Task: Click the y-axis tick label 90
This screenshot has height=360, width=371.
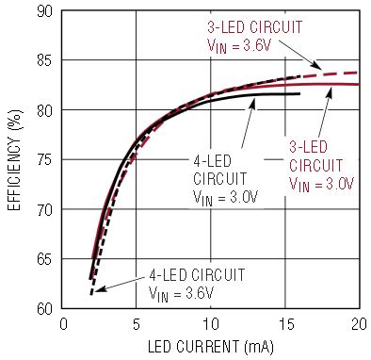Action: click(44, 11)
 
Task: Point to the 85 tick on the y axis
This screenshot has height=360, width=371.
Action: click(44, 60)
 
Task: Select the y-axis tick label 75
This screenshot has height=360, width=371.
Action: click(44, 160)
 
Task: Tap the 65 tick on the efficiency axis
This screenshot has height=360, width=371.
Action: click(44, 259)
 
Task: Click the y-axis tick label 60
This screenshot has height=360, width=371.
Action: click(44, 309)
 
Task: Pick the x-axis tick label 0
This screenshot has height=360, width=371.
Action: click(63, 324)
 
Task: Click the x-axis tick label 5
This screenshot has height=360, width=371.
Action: click(137, 324)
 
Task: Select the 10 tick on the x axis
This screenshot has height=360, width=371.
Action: click(210, 324)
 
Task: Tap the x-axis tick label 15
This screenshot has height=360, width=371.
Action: click(285, 324)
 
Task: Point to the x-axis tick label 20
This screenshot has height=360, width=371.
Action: click(359, 324)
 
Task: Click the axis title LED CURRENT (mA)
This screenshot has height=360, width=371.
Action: click(211, 347)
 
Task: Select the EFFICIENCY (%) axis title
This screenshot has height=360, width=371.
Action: click(14, 160)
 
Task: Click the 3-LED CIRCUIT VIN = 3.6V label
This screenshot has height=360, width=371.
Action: click(254, 37)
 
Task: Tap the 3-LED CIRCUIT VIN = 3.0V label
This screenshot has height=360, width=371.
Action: click(321, 166)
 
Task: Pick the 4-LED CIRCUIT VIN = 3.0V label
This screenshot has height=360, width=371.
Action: click(225, 180)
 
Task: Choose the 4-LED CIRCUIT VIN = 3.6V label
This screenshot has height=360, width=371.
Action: click(197, 285)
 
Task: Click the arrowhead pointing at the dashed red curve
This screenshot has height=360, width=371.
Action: click(316, 66)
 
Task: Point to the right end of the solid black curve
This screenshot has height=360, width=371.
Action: click(299, 93)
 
